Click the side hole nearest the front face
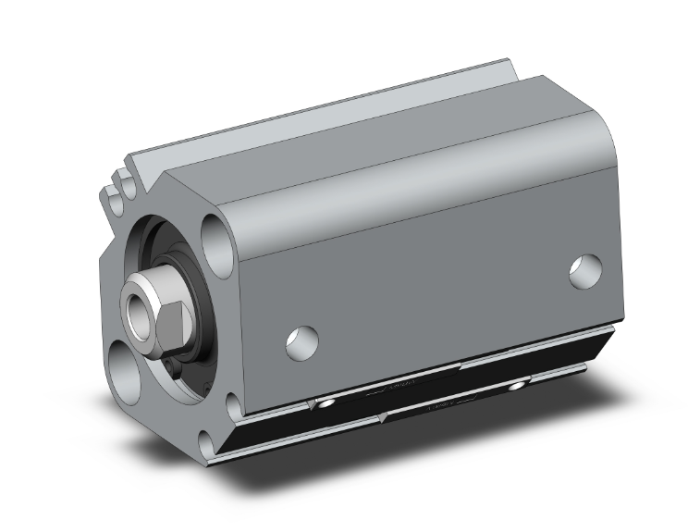301,341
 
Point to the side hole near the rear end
584,270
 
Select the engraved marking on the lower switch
442,404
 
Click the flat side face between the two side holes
435,296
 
